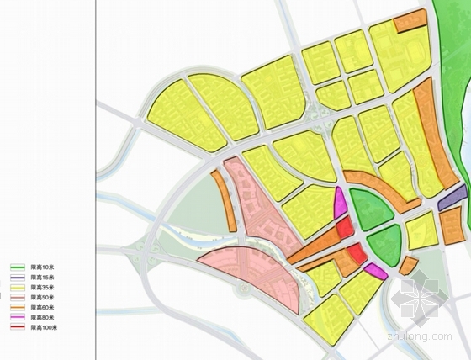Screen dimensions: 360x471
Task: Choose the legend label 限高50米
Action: click(43, 297)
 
